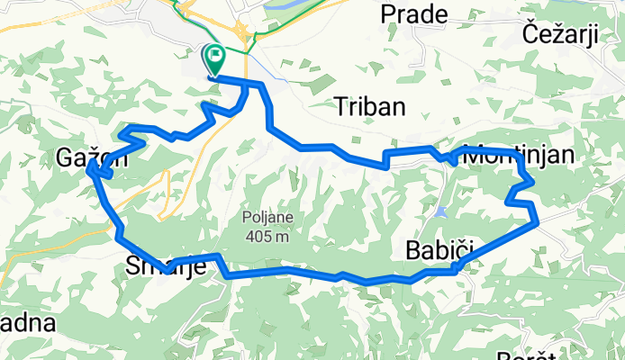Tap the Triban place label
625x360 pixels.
tap(369, 106)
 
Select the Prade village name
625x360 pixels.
tap(414, 13)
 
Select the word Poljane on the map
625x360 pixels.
tap(267, 219)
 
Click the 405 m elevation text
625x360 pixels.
tap(267, 237)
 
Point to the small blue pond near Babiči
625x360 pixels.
tap(439, 212)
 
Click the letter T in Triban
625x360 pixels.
tap(340, 106)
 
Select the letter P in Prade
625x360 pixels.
tap(388, 13)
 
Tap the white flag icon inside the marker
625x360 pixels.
tap(216, 58)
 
